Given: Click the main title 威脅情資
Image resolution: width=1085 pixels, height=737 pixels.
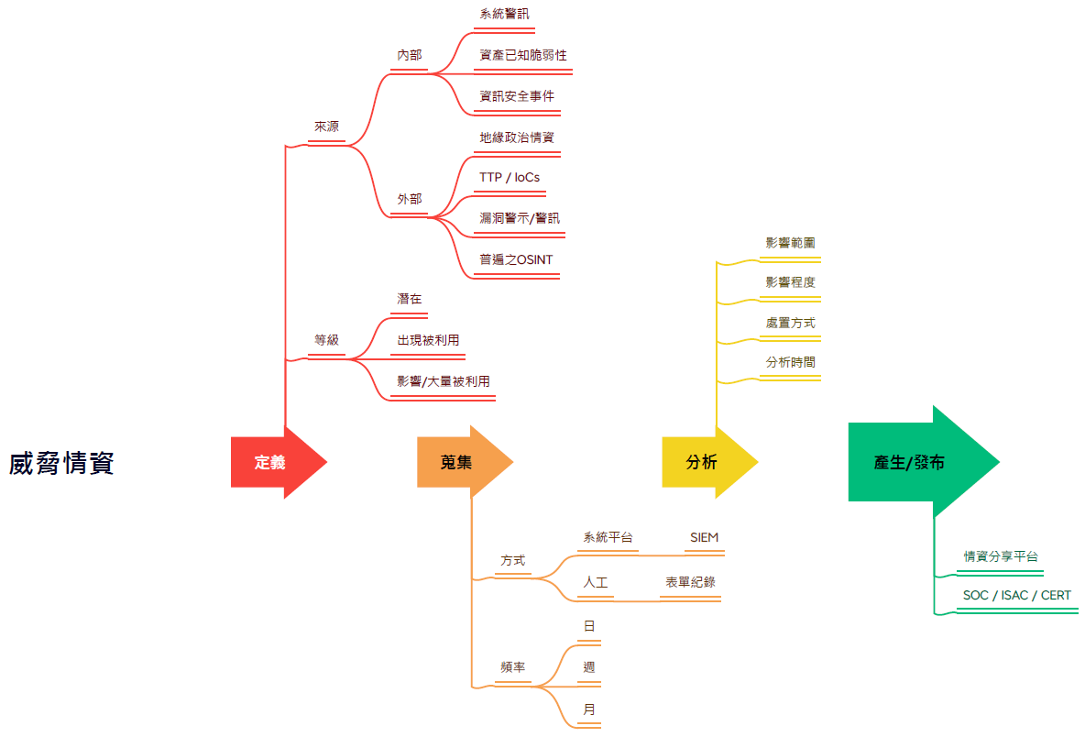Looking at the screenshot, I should tap(61, 464).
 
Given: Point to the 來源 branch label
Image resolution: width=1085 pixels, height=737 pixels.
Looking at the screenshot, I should tap(326, 126).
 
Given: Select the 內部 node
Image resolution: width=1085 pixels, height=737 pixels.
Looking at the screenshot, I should tap(410, 55).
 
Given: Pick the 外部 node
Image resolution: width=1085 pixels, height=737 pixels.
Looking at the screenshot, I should tap(410, 198).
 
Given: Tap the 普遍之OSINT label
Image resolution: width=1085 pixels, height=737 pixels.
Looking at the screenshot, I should tap(516, 259).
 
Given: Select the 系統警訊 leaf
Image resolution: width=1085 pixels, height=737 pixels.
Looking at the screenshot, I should tap(504, 14).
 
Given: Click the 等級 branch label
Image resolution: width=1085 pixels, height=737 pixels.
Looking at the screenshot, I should tap(326, 340).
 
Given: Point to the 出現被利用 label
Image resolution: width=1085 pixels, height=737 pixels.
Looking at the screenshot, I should tap(428, 340).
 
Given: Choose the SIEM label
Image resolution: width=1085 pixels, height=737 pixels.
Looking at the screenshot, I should tap(704, 537).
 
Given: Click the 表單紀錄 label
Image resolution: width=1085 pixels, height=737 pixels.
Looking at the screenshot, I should tap(690, 582).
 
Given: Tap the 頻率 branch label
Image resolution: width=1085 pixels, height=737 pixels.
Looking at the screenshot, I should tap(513, 667).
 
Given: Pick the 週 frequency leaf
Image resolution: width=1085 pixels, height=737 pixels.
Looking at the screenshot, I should tap(589, 667).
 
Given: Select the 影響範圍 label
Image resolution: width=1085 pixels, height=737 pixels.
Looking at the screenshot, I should tap(790, 243).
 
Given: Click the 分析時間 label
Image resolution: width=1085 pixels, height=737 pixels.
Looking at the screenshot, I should tap(790, 362).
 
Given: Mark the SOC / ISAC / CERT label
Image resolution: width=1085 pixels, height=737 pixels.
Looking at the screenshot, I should tap(1016, 596).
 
